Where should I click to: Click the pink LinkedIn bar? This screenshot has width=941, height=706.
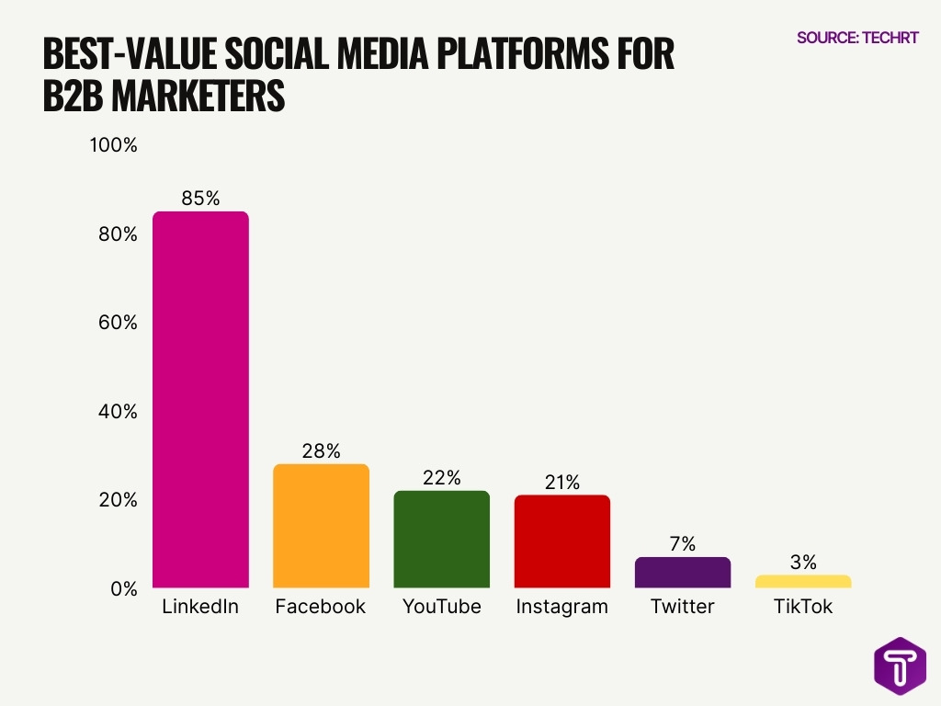200,400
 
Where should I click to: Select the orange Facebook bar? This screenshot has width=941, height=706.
321,526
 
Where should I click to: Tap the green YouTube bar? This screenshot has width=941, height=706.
441,540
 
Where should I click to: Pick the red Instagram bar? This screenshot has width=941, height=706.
561,541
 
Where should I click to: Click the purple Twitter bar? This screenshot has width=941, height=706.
682,573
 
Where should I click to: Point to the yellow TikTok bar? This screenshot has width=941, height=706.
803,581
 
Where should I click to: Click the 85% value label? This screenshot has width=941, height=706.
200,198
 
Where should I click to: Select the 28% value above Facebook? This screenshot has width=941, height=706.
321,450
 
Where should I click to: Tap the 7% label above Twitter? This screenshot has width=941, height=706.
682,543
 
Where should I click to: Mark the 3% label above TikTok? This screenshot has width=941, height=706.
802,562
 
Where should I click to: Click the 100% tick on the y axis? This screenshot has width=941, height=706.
113,145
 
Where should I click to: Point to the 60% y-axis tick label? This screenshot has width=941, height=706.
118,323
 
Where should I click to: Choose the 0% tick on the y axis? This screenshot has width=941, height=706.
122,588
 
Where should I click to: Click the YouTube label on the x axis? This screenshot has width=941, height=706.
441,607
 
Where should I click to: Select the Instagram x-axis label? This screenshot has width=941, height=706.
561,607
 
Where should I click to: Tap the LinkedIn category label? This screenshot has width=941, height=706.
200,607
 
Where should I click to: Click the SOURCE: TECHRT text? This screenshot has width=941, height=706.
857,38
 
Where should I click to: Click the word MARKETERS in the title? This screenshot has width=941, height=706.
198,96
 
